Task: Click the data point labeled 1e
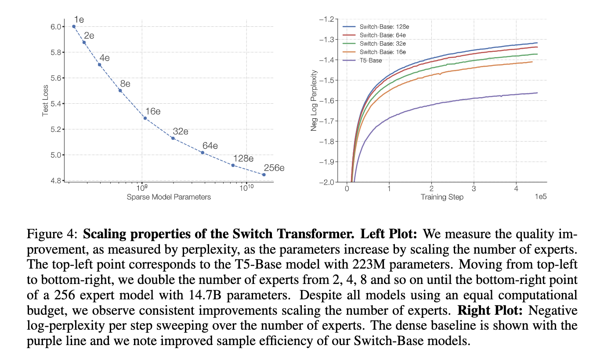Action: coord(74,26)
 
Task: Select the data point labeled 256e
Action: coord(264,175)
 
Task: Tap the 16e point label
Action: coord(152,111)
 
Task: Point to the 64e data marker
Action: coord(203,153)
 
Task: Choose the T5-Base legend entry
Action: coord(371,60)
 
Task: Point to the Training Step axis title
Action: coord(441,197)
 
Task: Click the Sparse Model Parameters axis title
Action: coord(169,197)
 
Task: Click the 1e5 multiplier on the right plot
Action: coord(540,197)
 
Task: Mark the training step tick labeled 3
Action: coord(474,189)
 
